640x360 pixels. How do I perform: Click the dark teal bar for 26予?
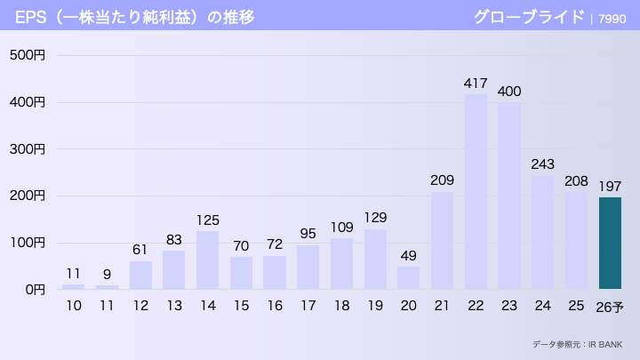click(x=610, y=243)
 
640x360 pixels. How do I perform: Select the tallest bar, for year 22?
click(x=476, y=191)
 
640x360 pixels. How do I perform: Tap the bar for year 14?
click(x=207, y=260)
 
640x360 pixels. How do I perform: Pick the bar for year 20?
click(x=408, y=277)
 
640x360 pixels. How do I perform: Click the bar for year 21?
click(x=442, y=240)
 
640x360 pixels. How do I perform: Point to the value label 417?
click(x=476, y=83)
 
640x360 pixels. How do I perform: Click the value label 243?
click(x=542, y=164)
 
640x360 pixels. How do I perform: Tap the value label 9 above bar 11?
click(x=107, y=274)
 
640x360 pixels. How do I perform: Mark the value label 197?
click(x=610, y=185)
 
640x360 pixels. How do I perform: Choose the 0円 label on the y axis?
click(x=34, y=289)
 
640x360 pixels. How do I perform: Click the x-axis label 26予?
click(x=610, y=307)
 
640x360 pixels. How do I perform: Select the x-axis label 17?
click(x=308, y=306)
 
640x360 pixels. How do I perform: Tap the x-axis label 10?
click(x=73, y=306)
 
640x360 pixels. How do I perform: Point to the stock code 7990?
click(x=612, y=18)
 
